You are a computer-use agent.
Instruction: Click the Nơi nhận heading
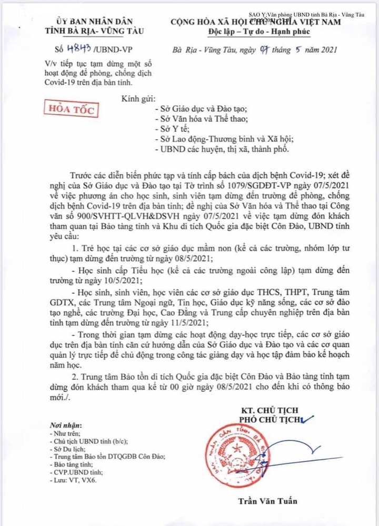(66, 425)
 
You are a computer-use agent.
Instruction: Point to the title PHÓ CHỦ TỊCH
(268, 419)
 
